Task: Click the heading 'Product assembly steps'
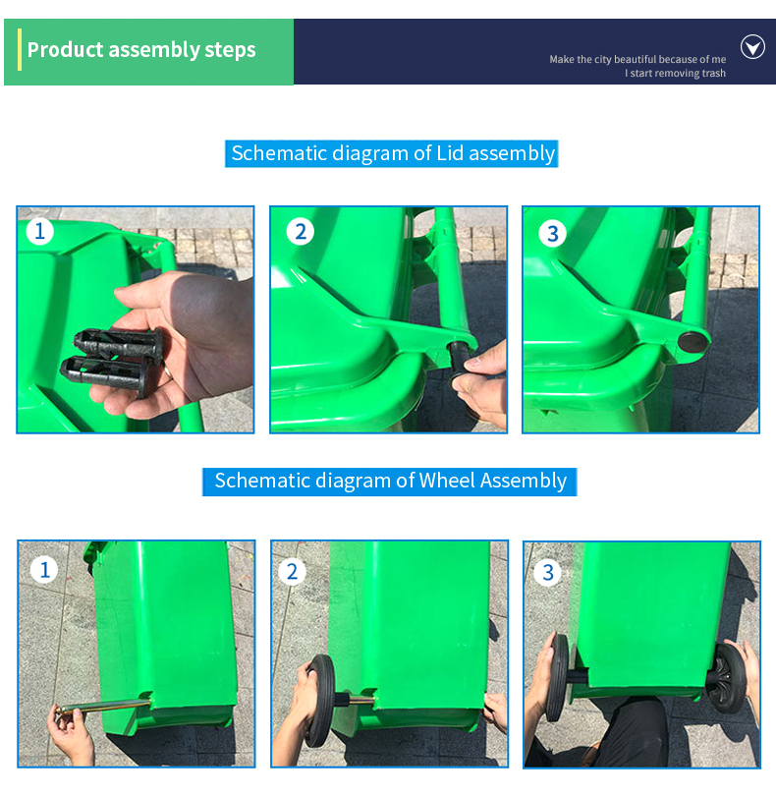pos(141,50)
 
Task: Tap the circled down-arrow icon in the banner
pos(752,47)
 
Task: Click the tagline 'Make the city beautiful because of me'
pos(637,60)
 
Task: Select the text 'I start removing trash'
pos(675,73)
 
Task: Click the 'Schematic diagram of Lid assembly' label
pos(392,153)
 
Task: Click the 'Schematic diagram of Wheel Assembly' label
pos(390,481)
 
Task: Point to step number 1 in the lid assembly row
pos(39,232)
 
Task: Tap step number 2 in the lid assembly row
pos(300,232)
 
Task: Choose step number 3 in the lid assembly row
pos(552,234)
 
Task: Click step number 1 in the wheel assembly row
pos(44,570)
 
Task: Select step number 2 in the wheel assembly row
pos(292,572)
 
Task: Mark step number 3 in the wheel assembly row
pos(547,573)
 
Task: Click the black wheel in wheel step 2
pos(321,701)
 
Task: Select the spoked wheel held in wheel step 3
pos(727,677)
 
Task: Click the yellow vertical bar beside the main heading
pos(20,50)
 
